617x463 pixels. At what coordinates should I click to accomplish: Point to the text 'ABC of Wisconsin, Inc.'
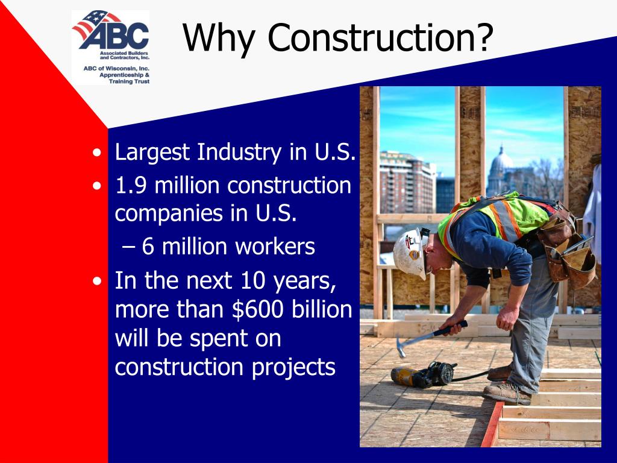pos(116,69)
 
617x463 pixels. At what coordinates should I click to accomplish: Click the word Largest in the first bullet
pos(152,153)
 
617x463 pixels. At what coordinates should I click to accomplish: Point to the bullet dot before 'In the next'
pos(97,282)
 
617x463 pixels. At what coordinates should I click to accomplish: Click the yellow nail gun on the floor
pos(422,374)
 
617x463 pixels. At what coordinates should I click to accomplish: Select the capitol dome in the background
pos(501,163)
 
